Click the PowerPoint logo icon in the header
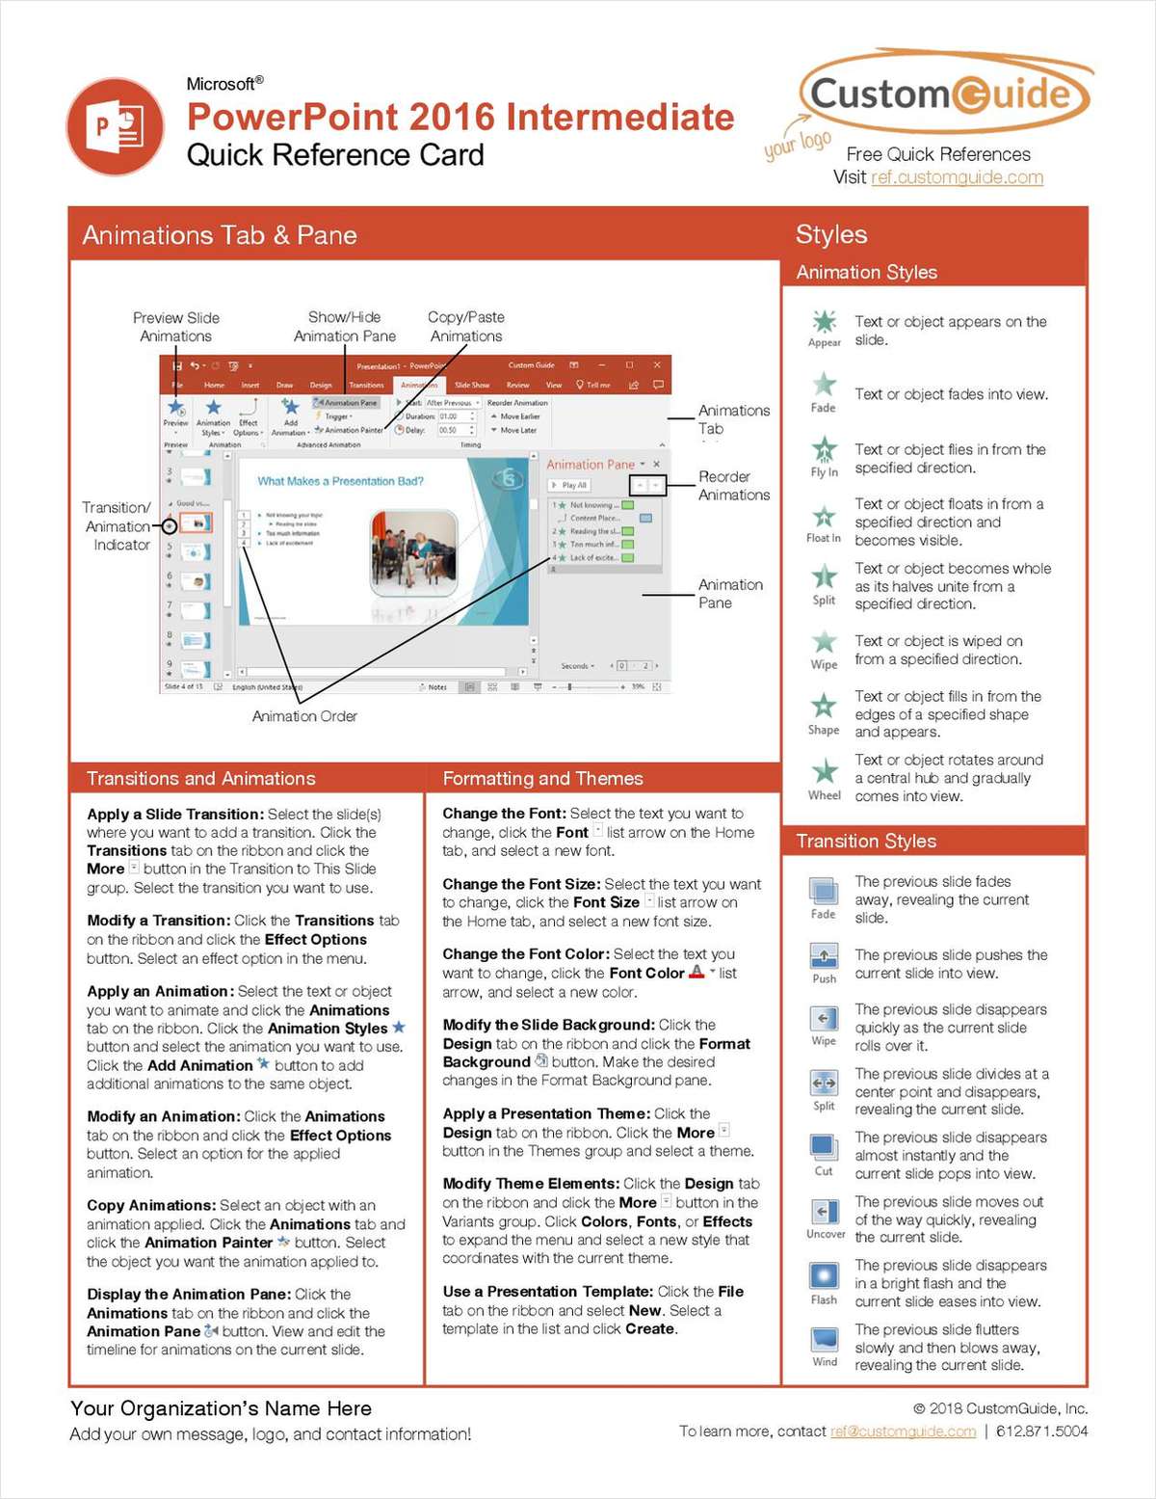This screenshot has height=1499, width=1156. tap(116, 127)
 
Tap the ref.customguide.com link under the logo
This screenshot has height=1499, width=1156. tap(957, 177)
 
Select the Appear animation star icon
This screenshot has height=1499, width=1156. tap(824, 322)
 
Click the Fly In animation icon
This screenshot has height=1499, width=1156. tap(824, 449)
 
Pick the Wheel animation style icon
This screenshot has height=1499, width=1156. tap(824, 771)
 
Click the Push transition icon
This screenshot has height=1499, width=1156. tap(824, 956)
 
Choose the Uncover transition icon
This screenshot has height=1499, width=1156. tap(824, 1212)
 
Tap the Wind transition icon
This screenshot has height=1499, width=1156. tap(824, 1339)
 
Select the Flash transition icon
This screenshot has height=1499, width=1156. tap(824, 1275)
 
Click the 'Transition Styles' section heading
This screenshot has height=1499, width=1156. tap(866, 841)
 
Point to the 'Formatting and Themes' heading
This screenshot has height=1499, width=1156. tap(542, 778)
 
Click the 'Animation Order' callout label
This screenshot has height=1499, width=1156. tap(304, 716)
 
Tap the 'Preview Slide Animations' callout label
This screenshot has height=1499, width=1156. tap(176, 327)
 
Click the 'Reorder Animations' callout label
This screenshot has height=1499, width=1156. tap(733, 486)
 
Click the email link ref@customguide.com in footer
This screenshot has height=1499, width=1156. tap(903, 1432)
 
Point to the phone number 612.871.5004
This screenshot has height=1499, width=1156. tap(1041, 1432)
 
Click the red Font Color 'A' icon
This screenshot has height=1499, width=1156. tap(696, 973)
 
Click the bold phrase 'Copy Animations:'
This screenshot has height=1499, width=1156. tap(151, 1205)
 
